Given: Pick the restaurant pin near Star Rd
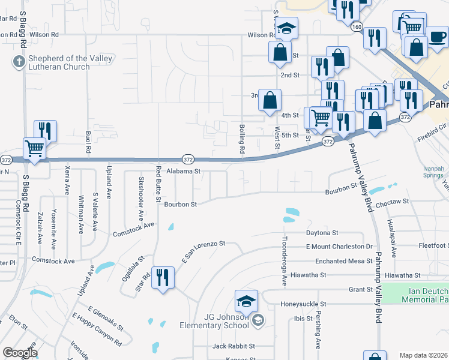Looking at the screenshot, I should point(163,278).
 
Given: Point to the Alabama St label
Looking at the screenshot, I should point(183,171).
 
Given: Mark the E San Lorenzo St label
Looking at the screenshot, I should point(203,251).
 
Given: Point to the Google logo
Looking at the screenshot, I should point(19,353).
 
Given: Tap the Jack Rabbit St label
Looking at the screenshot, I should point(234,346).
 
